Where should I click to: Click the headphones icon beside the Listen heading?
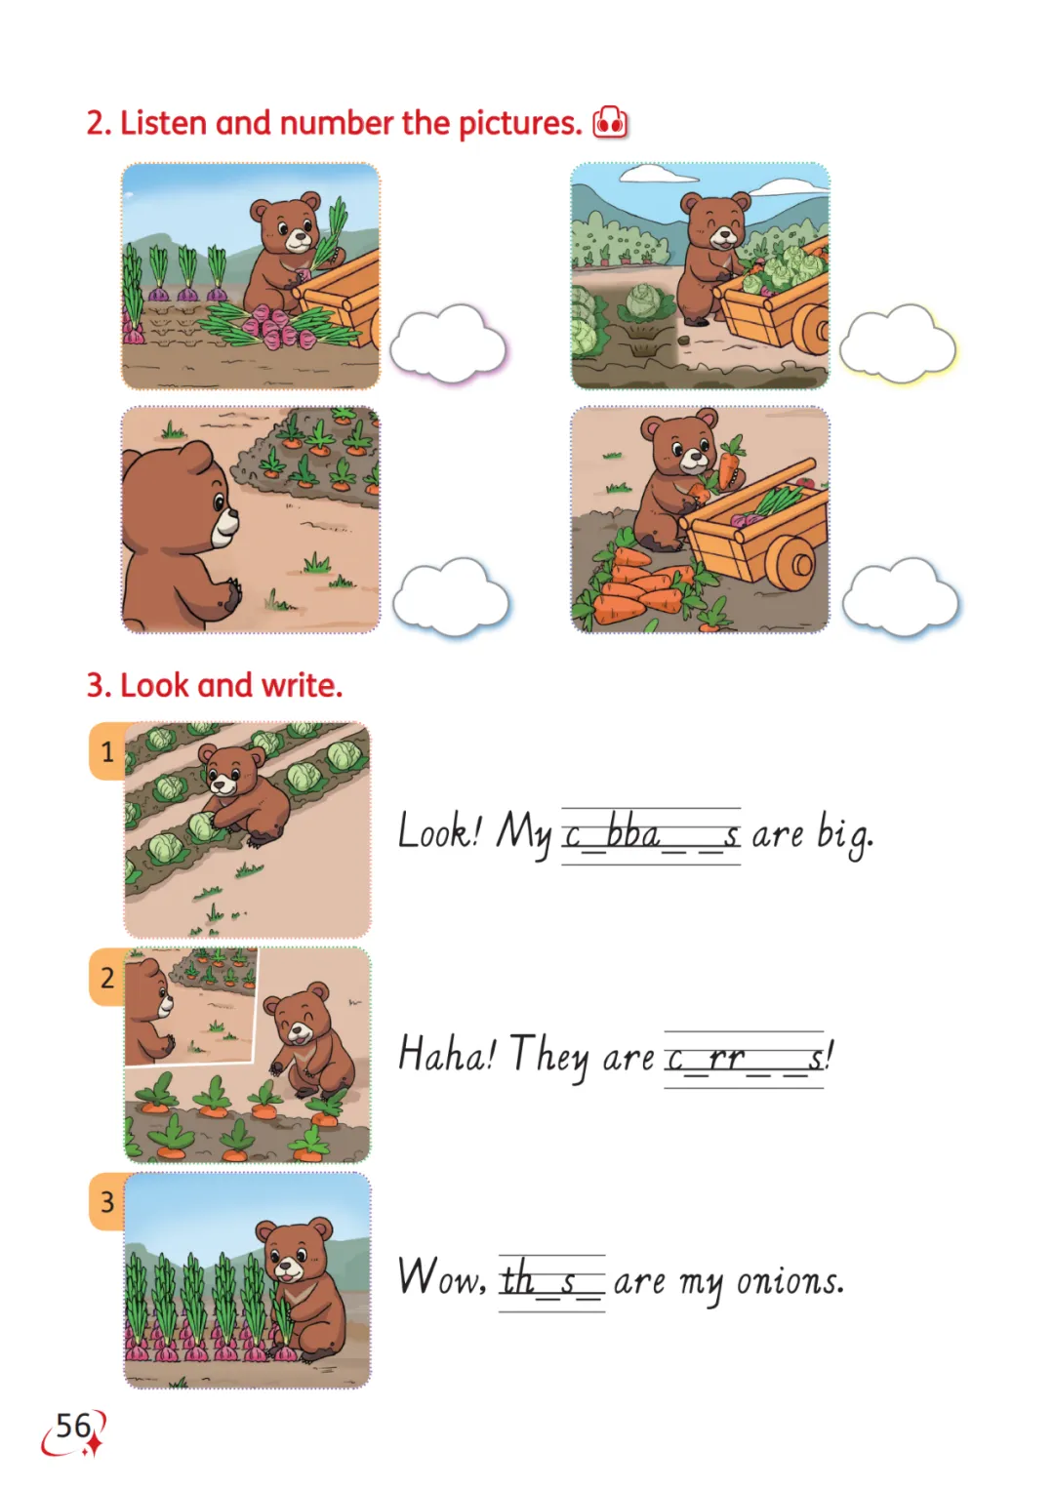(610, 122)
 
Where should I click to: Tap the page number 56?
(73, 1426)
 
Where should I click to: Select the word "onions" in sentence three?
(790, 1280)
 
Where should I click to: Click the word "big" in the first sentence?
(844, 833)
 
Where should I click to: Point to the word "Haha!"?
(447, 1054)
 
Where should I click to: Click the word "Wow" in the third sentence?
(441, 1276)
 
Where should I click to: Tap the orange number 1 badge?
(107, 751)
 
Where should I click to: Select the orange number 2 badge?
(107, 977)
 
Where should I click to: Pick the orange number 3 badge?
(107, 1202)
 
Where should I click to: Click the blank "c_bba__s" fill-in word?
(651, 835)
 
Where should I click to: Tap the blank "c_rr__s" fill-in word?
(744, 1059)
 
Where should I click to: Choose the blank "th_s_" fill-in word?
(552, 1280)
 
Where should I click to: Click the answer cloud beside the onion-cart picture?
(448, 344)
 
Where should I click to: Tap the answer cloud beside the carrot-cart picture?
(901, 597)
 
